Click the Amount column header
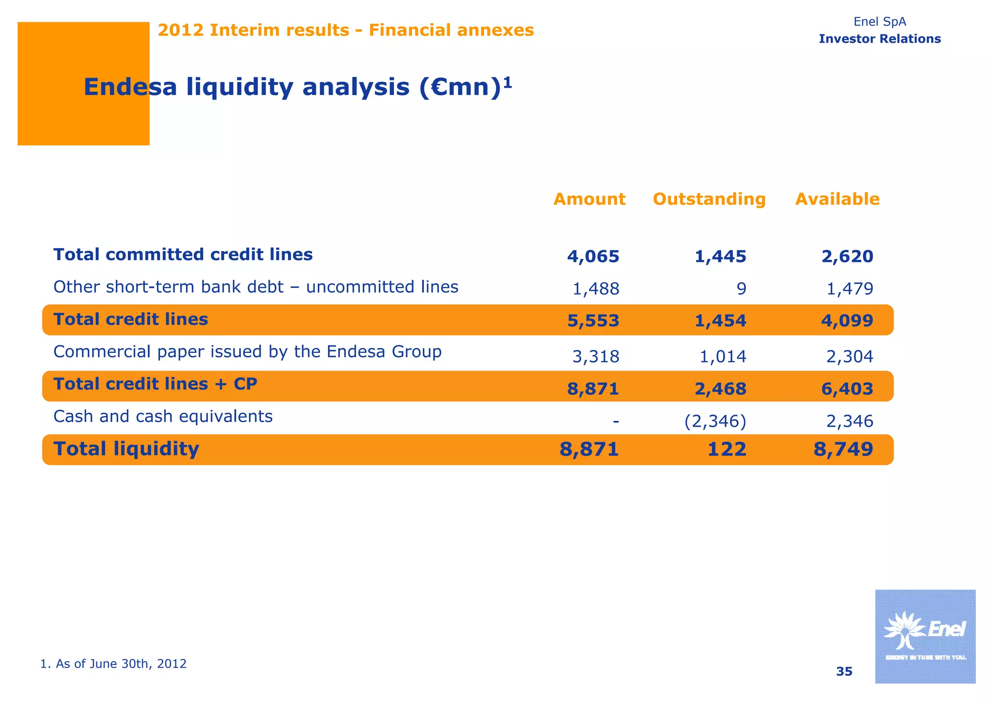point(589,199)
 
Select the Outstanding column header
point(709,199)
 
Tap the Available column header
point(837,199)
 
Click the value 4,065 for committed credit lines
point(593,256)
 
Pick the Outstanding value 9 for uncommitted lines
point(741,289)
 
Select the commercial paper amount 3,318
point(595,357)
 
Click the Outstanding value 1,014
point(723,357)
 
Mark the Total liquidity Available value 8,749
point(843,449)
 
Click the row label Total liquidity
point(126,449)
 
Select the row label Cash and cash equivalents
point(163,416)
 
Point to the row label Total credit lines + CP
point(155,384)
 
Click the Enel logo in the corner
point(925,636)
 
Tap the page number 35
point(844,671)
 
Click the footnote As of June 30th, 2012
point(113,664)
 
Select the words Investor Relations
point(879,39)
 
